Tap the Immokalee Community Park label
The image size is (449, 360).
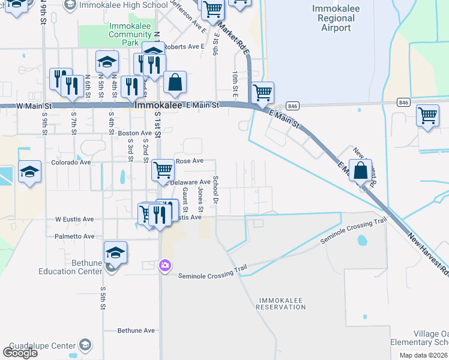click(130, 34)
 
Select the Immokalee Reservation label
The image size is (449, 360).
click(281, 303)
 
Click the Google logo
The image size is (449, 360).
click(20, 353)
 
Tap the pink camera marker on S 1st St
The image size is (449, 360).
click(164, 265)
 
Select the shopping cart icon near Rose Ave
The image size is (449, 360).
click(163, 169)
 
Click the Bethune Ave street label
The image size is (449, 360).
click(136, 331)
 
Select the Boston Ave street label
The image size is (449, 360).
click(135, 133)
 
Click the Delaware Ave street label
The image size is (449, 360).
click(191, 182)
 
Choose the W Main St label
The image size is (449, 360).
click(34, 106)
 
